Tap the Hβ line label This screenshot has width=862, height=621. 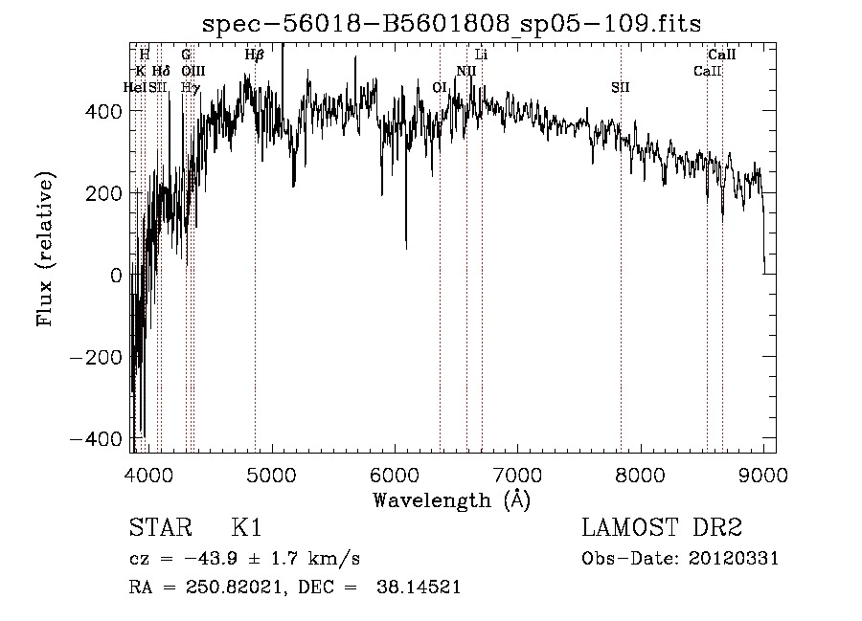pyautogui.click(x=254, y=55)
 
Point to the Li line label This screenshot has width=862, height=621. pyautogui.click(x=482, y=55)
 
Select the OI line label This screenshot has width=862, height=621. pyautogui.click(x=441, y=87)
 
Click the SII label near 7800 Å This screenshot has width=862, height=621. pyautogui.click(x=621, y=87)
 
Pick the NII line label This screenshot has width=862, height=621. pyautogui.click(x=466, y=71)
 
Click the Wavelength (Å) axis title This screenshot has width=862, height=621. pyautogui.click(x=451, y=499)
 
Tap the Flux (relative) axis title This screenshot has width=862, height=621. pyautogui.click(x=45, y=249)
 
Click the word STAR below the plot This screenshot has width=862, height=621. pyautogui.click(x=160, y=528)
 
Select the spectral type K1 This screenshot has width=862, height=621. pyautogui.click(x=246, y=528)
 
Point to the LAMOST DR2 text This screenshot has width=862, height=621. pyautogui.click(x=662, y=528)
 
